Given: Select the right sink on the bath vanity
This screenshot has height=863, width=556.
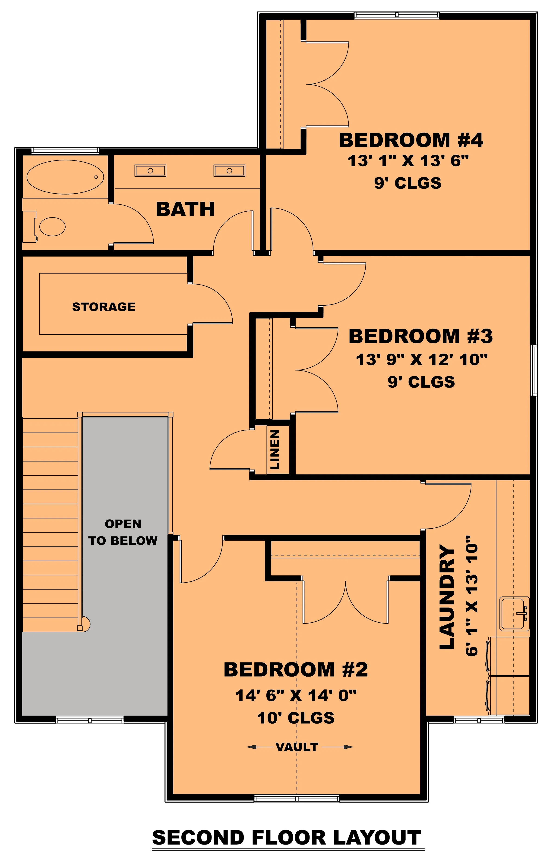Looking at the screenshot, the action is click(x=229, y=171).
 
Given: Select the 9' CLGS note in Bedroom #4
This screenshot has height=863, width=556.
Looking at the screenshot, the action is click(x=408, y=183).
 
